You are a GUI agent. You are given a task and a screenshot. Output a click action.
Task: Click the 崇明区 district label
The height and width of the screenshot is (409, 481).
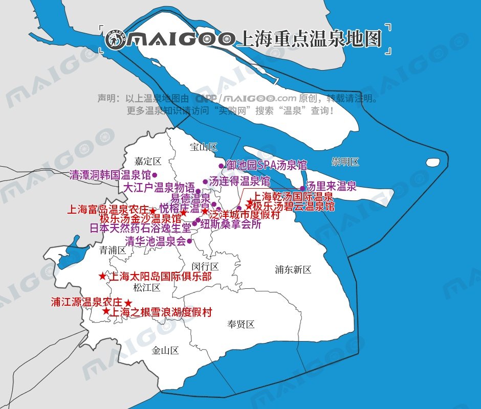coord(345,162)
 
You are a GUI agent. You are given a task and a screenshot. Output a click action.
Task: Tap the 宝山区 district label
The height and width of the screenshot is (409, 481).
coord(203,147)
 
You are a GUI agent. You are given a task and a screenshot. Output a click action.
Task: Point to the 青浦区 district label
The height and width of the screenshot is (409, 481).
coord(113,250)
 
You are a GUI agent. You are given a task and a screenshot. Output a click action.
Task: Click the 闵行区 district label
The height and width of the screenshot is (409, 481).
coord(205,266)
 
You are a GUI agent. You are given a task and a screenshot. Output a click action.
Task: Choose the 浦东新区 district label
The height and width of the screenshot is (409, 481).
coord(293,269)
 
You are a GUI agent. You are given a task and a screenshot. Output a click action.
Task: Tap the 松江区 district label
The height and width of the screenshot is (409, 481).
coord(147,287)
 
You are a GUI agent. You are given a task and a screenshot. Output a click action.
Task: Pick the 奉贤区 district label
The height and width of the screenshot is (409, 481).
coord(240,324)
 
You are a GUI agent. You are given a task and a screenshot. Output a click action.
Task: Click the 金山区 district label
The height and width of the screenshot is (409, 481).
coord(165,350)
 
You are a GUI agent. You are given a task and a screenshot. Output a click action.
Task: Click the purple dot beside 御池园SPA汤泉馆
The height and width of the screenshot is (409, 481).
coord(221,166)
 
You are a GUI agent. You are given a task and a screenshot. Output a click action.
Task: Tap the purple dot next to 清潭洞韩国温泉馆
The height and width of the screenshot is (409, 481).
coord(154,175)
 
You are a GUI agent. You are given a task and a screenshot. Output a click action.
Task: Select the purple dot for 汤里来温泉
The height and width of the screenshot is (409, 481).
coord(302,188)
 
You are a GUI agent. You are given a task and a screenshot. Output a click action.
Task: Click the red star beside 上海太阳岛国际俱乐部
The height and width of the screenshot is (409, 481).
coord(102,276)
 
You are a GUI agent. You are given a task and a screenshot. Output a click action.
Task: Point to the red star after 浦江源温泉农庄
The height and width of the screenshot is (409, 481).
coord(128,303)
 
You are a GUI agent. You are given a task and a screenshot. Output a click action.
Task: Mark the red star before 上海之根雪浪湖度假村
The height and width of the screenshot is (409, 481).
coord(106,311)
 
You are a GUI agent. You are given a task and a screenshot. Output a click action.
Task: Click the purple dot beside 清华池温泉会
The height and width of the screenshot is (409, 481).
coord(189,241)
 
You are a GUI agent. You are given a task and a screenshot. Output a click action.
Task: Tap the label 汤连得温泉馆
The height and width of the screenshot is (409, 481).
coord(239,181)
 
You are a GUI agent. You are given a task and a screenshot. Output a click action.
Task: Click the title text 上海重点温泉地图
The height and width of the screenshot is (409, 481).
coord(310,39)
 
